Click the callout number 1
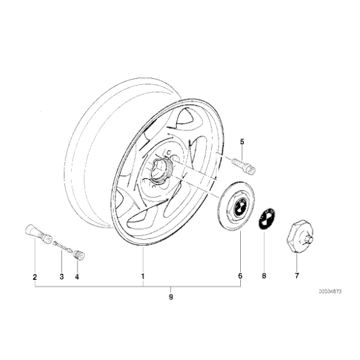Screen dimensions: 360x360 [x=143, y=276]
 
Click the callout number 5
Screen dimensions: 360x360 [x=243, y=141]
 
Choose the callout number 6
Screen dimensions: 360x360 [x=240, y=276]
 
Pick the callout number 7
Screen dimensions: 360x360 [x=297, y=276]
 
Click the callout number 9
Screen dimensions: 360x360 [x=170, y=298]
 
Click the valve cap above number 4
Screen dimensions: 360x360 [x=79, y=254]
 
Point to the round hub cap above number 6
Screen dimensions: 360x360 [x=238, y=205]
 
